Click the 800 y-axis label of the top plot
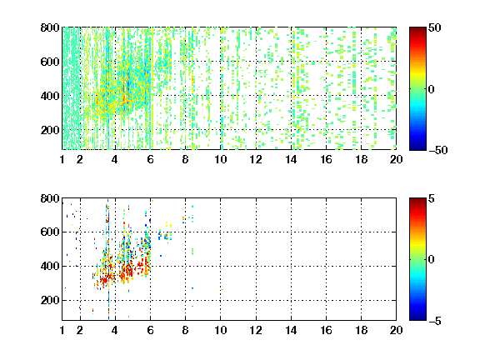50,27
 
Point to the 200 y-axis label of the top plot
50,130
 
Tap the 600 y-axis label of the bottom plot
50,232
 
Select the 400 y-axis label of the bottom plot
50,266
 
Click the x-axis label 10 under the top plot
220,159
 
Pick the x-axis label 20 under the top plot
396,159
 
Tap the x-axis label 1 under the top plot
62,159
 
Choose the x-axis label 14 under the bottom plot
291,330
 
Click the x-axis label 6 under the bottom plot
150,330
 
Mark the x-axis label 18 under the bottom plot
361,330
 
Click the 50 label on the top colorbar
435,27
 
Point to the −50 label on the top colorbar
438,150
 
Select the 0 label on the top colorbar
432,89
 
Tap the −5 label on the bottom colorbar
435,321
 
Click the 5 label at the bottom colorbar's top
432,198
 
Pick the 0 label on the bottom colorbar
432,260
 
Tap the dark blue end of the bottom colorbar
417,318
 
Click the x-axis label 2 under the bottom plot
80,330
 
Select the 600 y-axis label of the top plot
50,62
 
